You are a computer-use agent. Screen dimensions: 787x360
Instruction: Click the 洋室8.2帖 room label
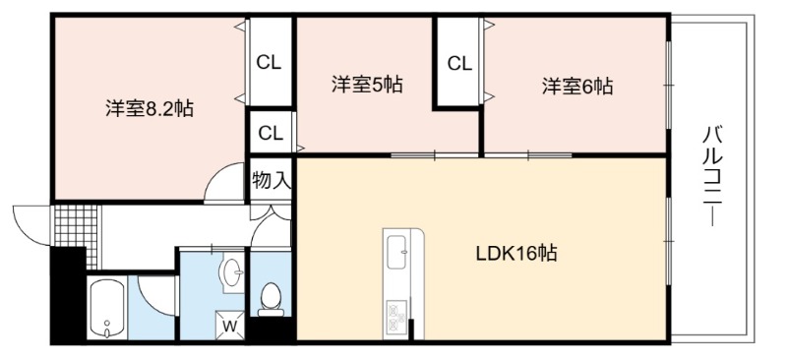(150, 109)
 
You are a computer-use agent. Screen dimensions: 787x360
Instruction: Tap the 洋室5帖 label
(366, 85)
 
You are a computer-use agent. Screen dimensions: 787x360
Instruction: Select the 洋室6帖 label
(577, 87)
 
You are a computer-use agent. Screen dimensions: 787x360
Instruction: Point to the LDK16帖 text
(516, 254)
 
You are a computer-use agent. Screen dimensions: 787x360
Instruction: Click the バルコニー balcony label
(712, 176)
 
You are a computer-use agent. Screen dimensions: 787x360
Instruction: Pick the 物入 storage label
(272, 180)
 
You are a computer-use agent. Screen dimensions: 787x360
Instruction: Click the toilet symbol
(272, 299)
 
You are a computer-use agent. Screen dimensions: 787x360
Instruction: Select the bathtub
(106, 308)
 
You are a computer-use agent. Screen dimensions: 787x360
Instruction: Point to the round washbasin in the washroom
(231, 272)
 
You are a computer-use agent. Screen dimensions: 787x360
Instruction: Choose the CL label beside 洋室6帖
(459, 64)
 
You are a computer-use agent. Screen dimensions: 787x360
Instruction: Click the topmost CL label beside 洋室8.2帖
(269, 63)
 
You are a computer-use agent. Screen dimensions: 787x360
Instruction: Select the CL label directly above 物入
(272, 134)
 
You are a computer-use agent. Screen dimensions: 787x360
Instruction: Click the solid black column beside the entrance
(68, 295)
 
